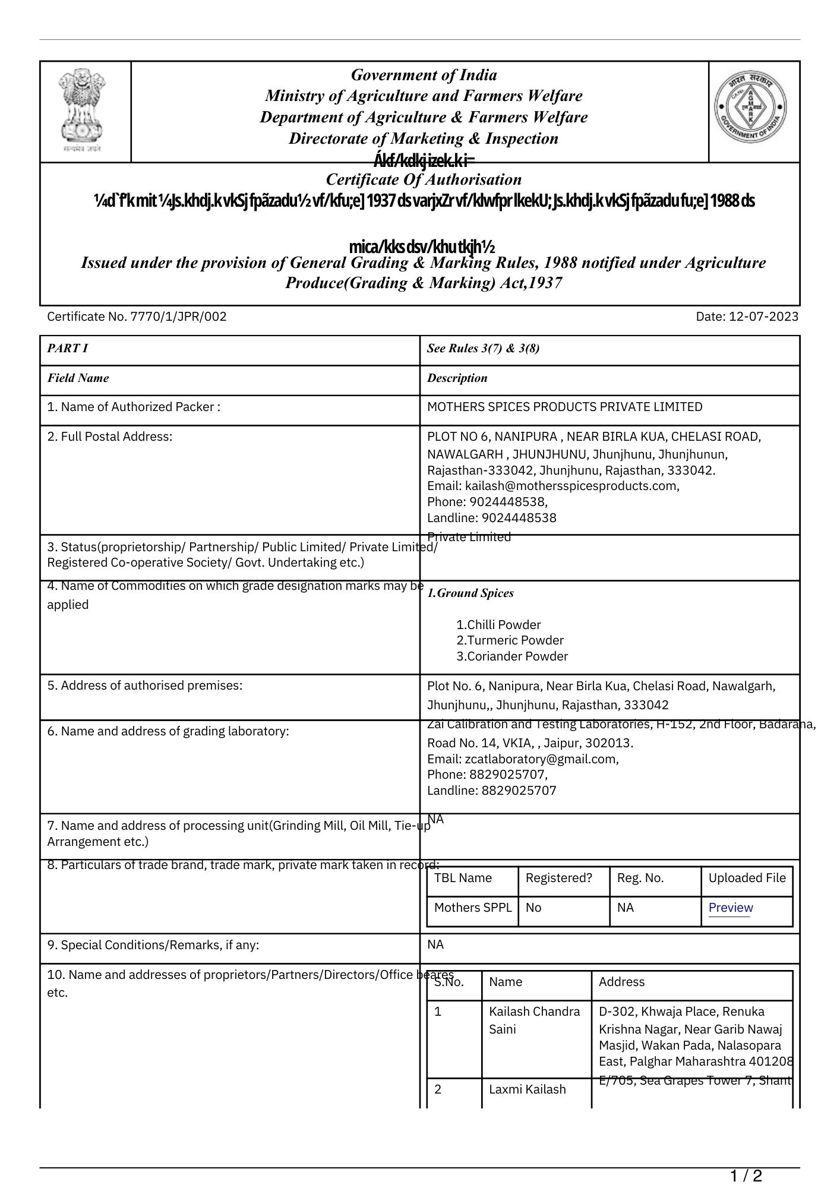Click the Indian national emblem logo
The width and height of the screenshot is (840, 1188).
click(83, 110)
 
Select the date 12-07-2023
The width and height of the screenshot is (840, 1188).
click(763, 317)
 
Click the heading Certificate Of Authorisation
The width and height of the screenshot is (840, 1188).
click(424, 179)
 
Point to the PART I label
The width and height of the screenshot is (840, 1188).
click(68, 348)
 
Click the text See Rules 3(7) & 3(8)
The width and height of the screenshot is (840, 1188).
click(483, 348)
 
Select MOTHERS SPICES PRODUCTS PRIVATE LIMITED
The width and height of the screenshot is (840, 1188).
click(564, 407)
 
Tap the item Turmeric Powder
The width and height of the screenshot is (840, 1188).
click(510, 640)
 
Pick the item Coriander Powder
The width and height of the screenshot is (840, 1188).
click(512, 656)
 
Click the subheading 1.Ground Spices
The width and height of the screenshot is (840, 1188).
click(470, 593)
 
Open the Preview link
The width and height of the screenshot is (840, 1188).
click(730, 908)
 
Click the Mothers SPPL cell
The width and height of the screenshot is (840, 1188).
click(472, 908)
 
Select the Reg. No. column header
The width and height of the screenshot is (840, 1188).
click(640, 878)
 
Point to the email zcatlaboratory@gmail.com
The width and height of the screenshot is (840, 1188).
click(541, 759)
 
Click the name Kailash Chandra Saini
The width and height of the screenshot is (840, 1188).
click(534, 1020)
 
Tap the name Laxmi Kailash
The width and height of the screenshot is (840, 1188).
click(527, 1089)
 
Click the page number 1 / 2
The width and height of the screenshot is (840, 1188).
click(746, 1176)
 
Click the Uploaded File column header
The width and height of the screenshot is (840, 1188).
click(747, 878)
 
